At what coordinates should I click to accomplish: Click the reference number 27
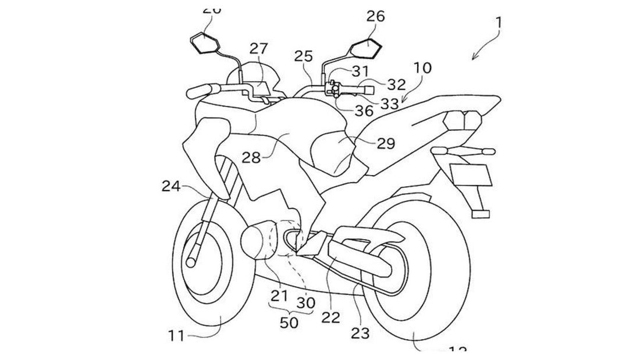click(259, 47)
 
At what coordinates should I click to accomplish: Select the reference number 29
click(385, 142)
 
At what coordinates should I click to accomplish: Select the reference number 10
click(422, 68)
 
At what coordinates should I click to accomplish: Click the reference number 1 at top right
click(499, 24)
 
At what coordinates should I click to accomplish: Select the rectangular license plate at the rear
click(471, 173)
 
